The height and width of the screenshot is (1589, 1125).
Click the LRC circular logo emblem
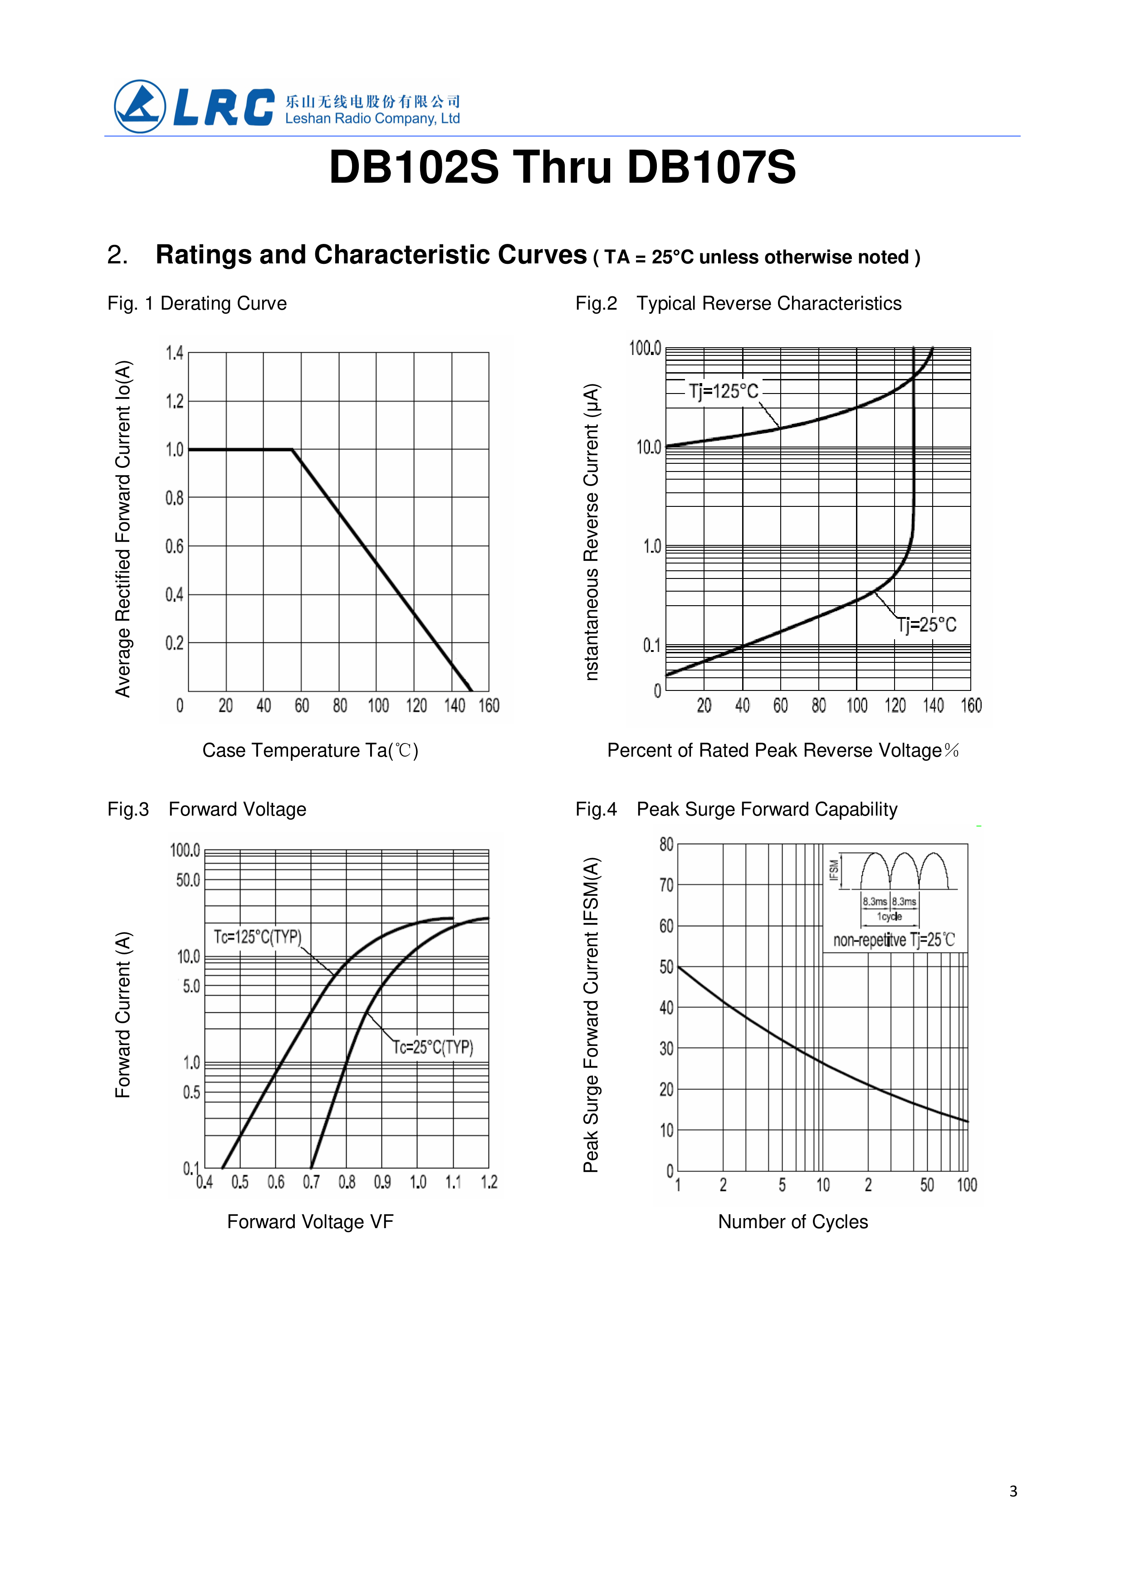[140, 106]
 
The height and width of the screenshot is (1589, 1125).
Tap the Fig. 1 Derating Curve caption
[197, 303]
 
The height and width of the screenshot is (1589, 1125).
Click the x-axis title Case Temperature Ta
[310, 751]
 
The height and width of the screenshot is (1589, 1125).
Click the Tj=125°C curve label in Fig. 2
[723, 391]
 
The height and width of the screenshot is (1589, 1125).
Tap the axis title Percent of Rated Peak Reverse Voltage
[782, 751]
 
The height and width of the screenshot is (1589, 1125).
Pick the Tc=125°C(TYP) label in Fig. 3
[257, 937]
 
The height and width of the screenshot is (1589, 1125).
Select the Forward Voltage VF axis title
[310, 1221]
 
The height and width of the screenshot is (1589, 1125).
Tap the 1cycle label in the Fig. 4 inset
[890, 917]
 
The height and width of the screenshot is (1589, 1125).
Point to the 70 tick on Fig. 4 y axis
[666, 885]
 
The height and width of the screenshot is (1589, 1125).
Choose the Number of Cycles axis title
[792, 1221]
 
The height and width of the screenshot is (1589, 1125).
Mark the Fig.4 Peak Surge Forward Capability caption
[736, 809]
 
